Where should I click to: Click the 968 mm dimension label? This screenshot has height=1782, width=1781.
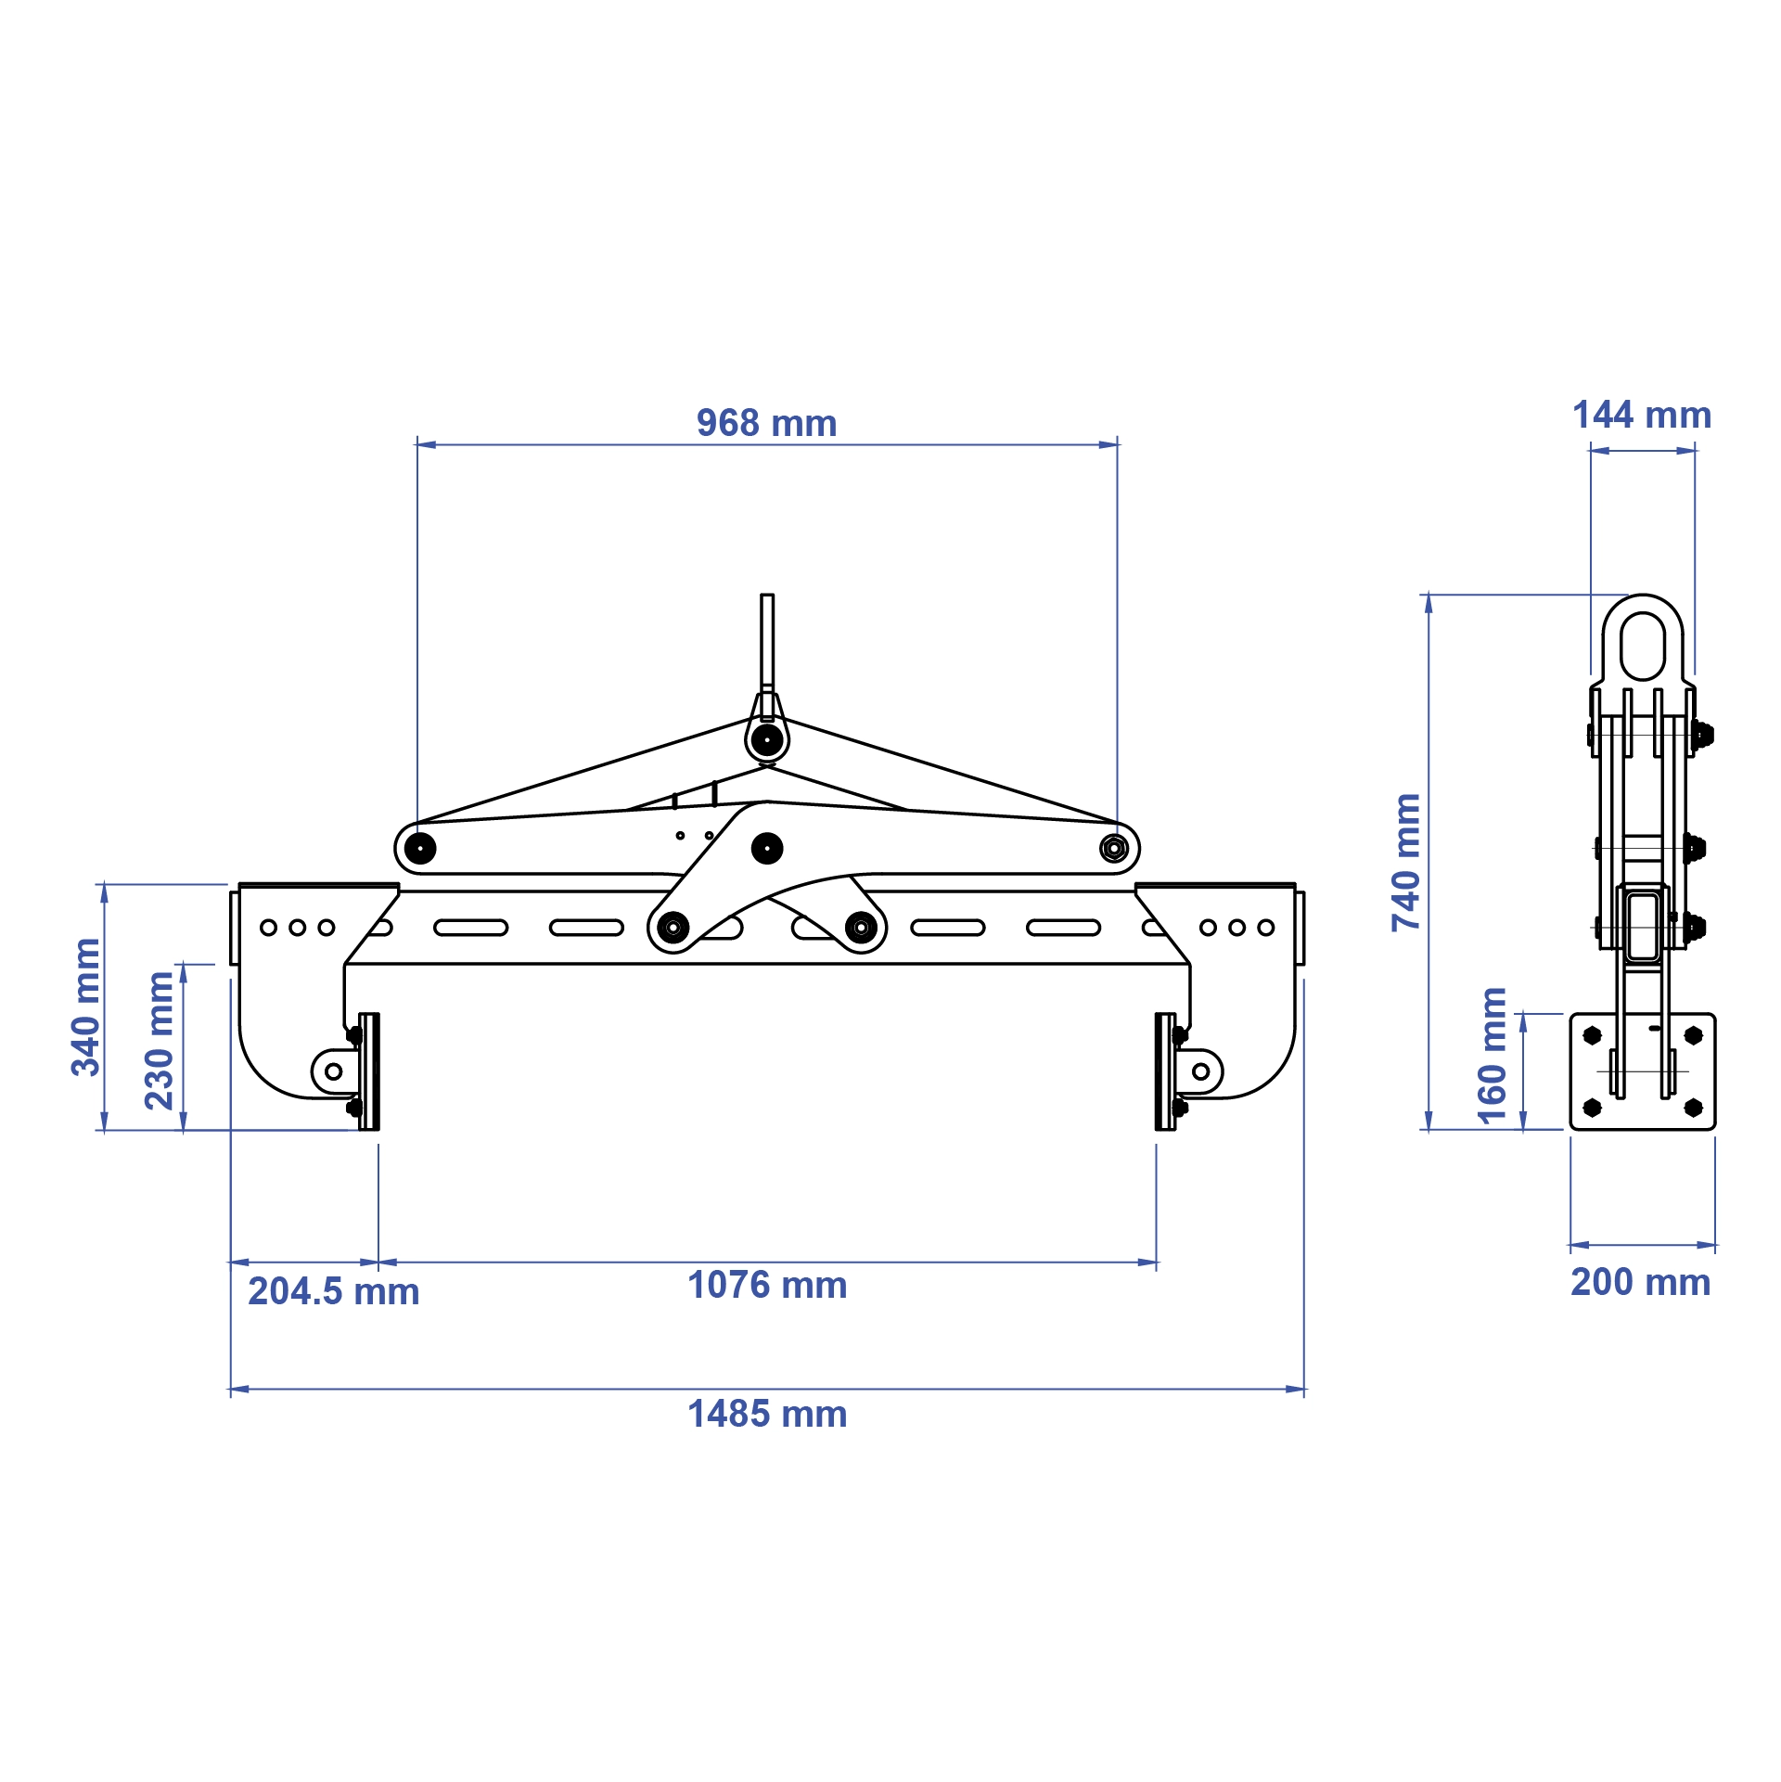[x=766, y=423]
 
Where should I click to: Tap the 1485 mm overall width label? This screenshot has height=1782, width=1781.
[x=766, y=1414]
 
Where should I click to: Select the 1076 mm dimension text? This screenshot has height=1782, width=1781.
[x=766, y=1285]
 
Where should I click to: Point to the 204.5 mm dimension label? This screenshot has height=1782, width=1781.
[x=333, y=1291]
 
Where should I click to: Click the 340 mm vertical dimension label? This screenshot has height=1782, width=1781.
[x=86, y=1006]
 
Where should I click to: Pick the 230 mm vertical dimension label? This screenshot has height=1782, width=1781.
[x=160, y=1040]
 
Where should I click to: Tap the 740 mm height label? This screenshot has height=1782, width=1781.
[x=1406, y=862]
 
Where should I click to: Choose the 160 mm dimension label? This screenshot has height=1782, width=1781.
[x=1492, y=1056]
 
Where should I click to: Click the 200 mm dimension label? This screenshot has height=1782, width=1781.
[x=1640, y=1282]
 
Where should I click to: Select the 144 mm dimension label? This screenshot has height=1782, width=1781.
[x=1642, y=415]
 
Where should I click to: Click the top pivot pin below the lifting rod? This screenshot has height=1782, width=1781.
[x=766, y=740]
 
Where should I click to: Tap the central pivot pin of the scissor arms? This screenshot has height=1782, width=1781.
[x=766, y=848]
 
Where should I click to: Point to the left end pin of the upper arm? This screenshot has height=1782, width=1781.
[x=420, y=848]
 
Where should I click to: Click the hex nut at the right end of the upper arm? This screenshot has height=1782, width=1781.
[x=1113, y=848]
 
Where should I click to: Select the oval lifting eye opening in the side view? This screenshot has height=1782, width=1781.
[x=1643, y=646]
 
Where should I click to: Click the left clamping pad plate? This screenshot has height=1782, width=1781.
[x=370, y=1071]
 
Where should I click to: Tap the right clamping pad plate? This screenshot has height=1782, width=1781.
[x=1164, y=1071]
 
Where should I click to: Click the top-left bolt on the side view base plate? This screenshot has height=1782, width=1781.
[x=1593, y=1035]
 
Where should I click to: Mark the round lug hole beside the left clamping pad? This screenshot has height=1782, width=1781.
[x=334, y=1071]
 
